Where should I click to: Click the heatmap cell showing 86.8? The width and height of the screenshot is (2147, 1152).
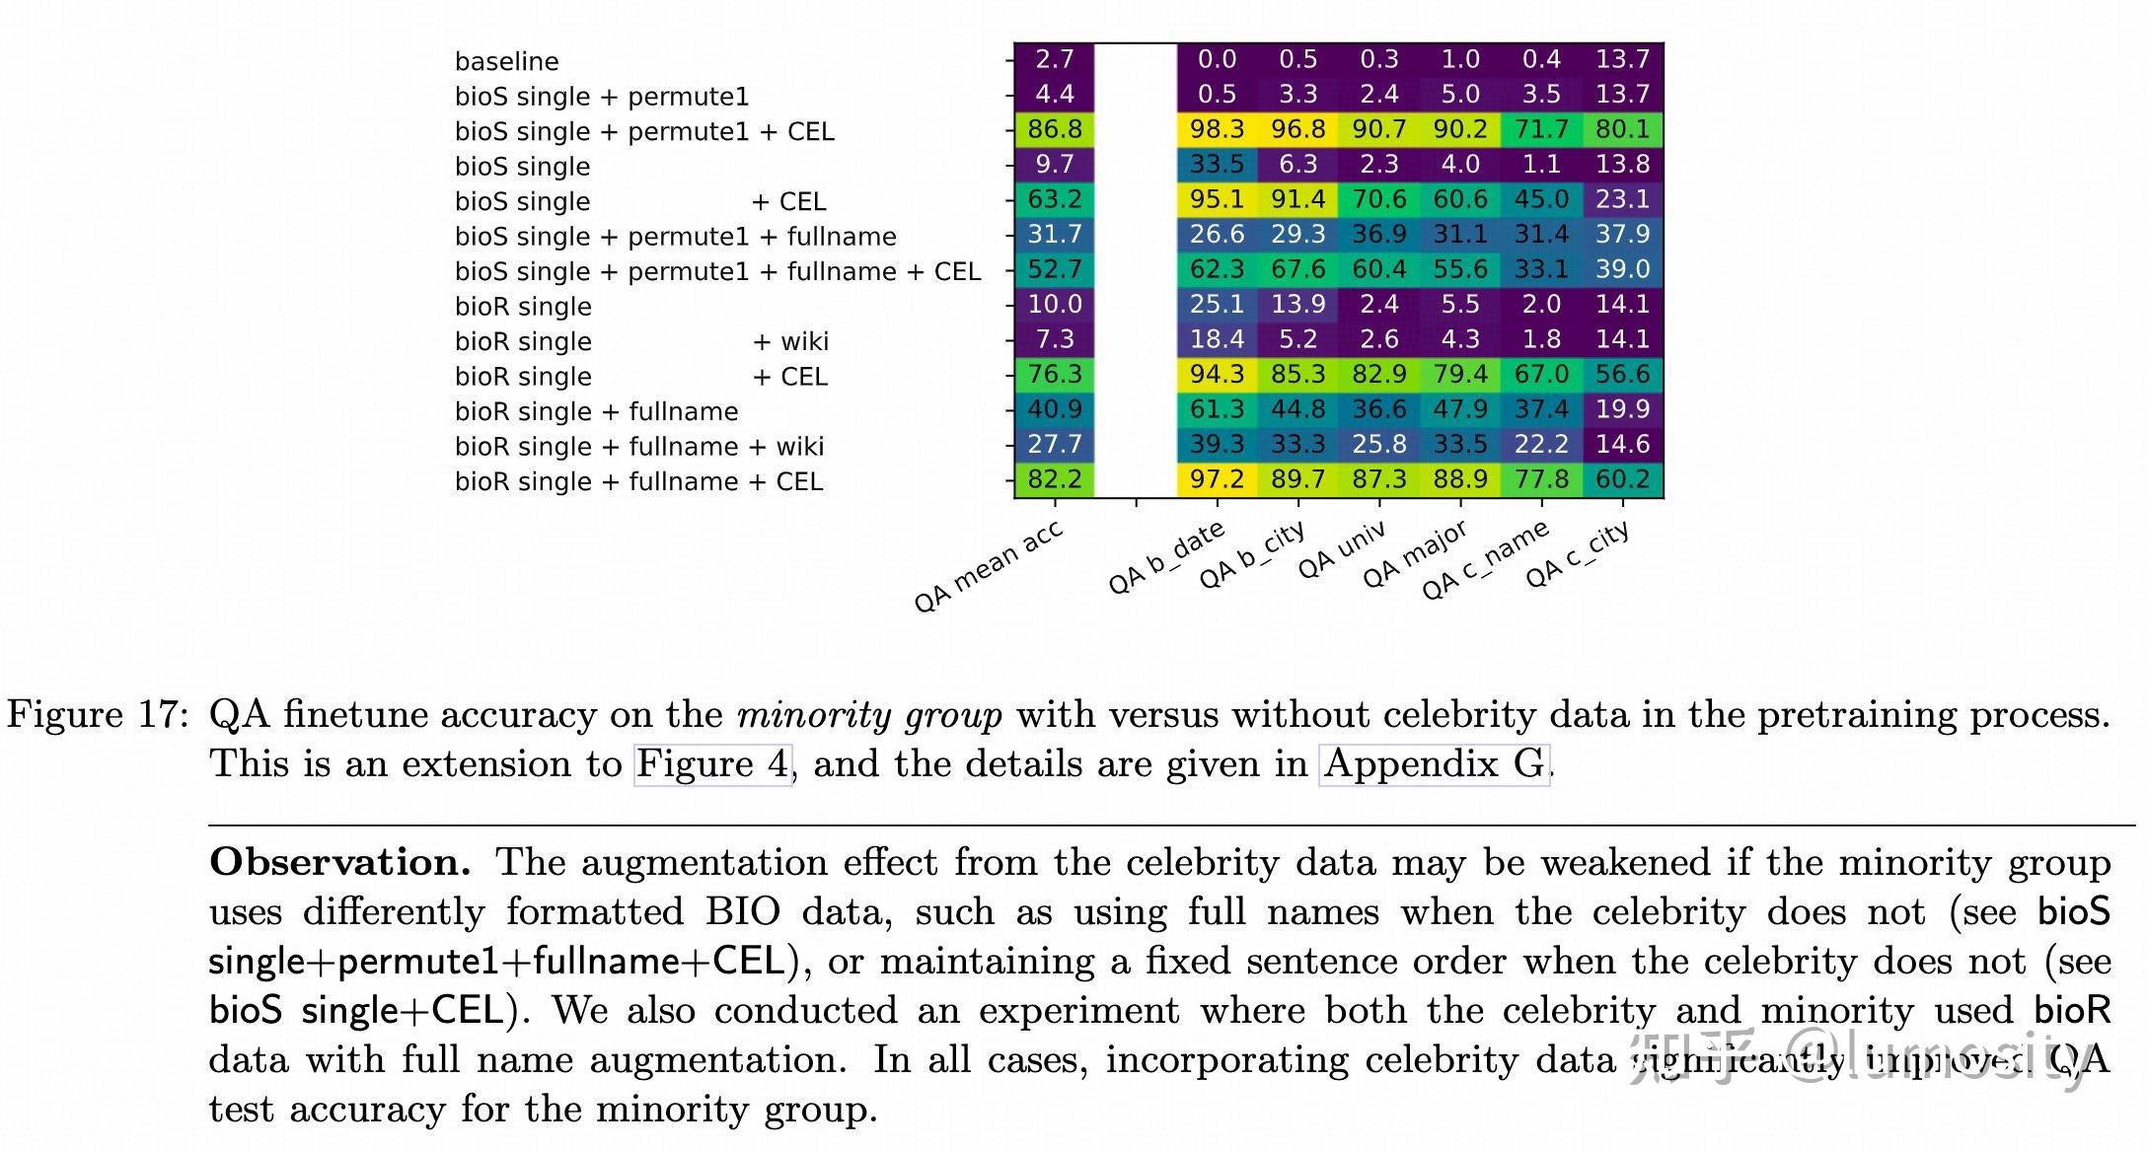pos(1054,129)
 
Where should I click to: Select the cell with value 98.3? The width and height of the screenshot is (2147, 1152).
pos(1217,129)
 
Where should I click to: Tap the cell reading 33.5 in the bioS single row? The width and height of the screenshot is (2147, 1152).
pos(1217,164)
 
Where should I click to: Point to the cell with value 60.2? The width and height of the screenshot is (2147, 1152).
pos(1622,479)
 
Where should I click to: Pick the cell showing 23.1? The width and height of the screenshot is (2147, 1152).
pos(1622,199)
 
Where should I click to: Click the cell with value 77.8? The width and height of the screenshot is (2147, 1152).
pos(1541,479)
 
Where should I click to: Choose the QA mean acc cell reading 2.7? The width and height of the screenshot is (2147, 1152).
pos(1054,59)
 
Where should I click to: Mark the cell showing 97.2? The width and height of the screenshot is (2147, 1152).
pos(1217,479)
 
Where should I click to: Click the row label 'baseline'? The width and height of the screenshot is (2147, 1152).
pos(506,61)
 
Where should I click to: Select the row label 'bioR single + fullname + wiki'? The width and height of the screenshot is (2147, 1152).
pos(638,447)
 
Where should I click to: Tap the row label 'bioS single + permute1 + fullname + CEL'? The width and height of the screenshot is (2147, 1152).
pos(717,271)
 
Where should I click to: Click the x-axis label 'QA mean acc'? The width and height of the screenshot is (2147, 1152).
pos(989,567)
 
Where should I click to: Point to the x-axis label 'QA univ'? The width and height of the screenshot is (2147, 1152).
pos(1342,550)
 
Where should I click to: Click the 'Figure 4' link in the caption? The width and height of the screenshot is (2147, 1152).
pos(712,764)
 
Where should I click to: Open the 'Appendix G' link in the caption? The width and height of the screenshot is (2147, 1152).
pos(1434,764)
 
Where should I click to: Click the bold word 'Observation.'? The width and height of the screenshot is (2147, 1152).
pos(340,863)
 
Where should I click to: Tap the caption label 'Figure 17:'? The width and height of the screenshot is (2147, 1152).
pos(97,715)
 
